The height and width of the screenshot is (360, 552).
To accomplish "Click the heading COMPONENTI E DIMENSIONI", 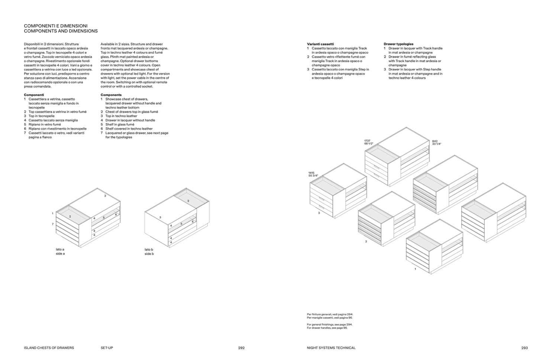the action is click(56, 26).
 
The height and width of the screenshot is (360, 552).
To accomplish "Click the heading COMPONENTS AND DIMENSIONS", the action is click(61, 31).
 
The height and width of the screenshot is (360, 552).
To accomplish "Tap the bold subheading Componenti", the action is click(34, 95).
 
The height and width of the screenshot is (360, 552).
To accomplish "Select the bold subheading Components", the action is click(111, 95).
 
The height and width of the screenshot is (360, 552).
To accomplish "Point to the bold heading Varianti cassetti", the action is click(320, 44).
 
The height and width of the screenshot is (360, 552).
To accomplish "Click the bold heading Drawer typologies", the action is click(398, 44).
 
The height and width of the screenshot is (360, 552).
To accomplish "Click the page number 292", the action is click(241, 348).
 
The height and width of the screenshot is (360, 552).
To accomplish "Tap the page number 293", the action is click(524, 348).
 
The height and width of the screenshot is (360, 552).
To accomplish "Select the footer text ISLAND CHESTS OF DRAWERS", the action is click(49, 348).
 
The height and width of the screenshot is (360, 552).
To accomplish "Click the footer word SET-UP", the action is click(107, 348).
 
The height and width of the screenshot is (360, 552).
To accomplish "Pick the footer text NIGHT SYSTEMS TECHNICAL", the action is click(331, 348).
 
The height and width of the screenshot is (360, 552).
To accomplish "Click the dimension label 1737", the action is click(367, 141).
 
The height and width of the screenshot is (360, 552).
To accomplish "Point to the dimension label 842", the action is click(435, 141).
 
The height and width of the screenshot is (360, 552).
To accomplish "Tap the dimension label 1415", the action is click(311, 173).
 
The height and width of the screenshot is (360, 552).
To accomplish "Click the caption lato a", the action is click(60, 249).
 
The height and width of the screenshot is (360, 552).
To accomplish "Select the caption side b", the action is click(149, 254).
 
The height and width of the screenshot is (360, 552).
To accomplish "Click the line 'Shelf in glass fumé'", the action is click(120, 125).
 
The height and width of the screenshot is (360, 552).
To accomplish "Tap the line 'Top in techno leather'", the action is click(121, 116).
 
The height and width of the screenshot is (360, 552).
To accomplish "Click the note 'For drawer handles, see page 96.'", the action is click(327, 328).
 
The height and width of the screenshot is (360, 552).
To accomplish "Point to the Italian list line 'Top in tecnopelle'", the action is click(41, 116).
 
